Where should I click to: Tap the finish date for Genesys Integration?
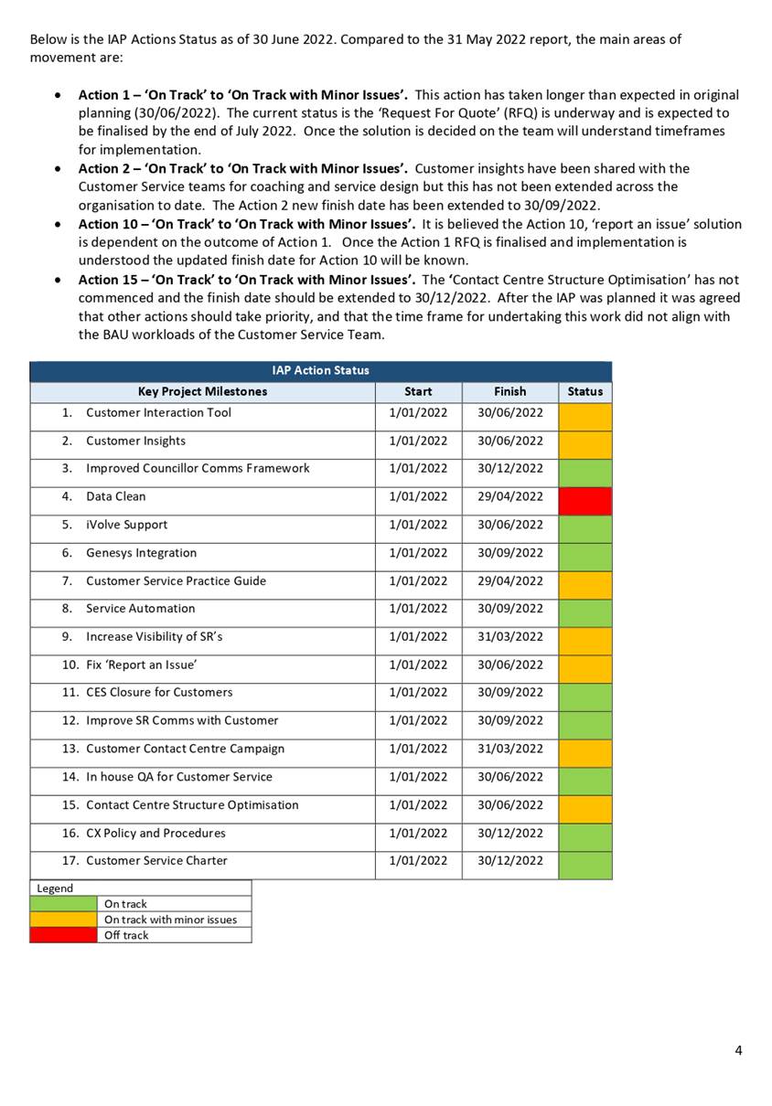click(x=509, y=553)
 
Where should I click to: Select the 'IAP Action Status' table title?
click(x=320, y=370)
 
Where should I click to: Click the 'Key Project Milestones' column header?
click(x=202, y=391)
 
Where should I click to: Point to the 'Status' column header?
click(x=584, y=391)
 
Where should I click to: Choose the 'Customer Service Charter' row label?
click(x=156, y=861)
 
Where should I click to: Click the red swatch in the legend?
click(x=63, y=935)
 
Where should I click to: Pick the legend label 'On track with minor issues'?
click(x=170, y=920)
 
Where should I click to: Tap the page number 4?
click(x=738, y=1050)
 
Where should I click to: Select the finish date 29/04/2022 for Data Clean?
click(x=509, y=497)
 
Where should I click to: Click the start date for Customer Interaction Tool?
click(x=418, y=413)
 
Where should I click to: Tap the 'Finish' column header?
click(x=509, y=391)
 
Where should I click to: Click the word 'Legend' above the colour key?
click(x=55, y=888)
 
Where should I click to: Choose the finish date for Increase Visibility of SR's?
click(x=509, y=637)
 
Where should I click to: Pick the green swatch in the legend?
click(x=63, y=904)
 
